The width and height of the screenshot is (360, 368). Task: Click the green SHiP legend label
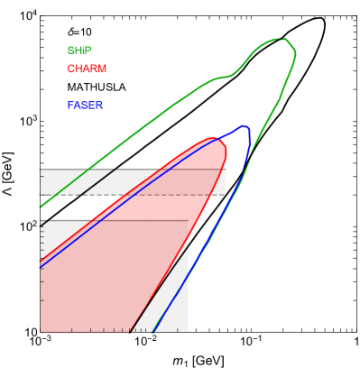click(78, 51)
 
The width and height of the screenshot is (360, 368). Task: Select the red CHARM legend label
click(87, 69)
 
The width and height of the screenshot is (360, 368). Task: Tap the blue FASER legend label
click(85, 106)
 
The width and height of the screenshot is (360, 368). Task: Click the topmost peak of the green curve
click(283, 39)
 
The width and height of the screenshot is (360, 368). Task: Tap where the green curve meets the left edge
click(41, 207)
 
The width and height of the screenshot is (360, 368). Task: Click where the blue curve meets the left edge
click(41, 268)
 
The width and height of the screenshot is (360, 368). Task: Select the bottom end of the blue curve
click(154, 331)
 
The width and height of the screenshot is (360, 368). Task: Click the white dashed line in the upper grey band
click(180, 193)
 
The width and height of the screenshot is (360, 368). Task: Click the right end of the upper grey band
click(224, 181)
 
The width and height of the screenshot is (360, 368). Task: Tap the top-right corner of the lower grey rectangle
click(188, 221)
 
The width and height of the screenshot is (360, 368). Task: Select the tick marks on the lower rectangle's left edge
click(42, 271)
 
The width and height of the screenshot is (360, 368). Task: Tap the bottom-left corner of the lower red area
click(42, 329)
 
